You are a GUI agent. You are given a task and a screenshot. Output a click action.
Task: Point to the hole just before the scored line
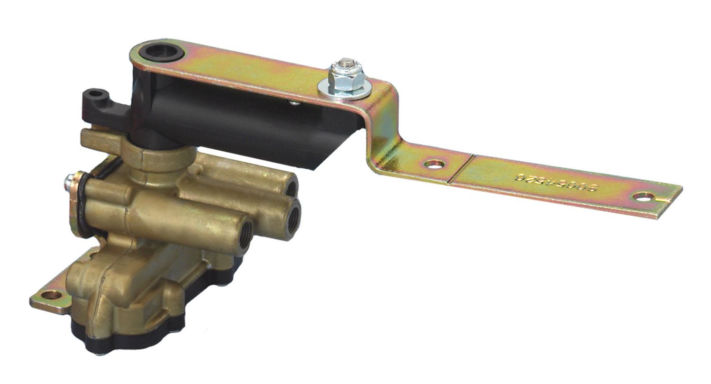coord(434,164)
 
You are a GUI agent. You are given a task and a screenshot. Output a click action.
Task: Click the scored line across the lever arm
coord(460,168)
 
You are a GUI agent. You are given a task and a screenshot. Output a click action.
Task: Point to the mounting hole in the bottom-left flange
coord(51,295)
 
